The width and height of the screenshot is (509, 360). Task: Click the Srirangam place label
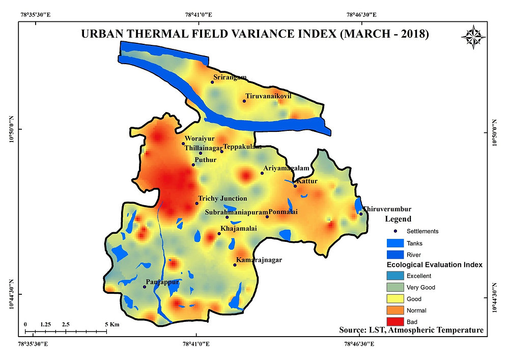[230, 77]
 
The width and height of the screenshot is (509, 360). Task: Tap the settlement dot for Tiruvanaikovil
[244, 101]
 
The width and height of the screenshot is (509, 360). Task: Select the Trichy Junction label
[222, 199]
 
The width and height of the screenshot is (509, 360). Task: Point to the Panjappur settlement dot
[144, 287]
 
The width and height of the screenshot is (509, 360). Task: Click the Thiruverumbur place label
[386, 209]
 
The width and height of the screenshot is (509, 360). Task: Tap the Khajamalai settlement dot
[219, 234]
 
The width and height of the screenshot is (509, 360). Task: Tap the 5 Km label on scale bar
[112, 324]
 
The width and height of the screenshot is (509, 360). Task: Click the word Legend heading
[398, 219]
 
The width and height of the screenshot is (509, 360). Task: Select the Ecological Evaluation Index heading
[434, 265]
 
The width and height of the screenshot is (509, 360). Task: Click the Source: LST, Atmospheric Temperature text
[411, 330]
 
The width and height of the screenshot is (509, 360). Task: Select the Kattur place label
[307, 181]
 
